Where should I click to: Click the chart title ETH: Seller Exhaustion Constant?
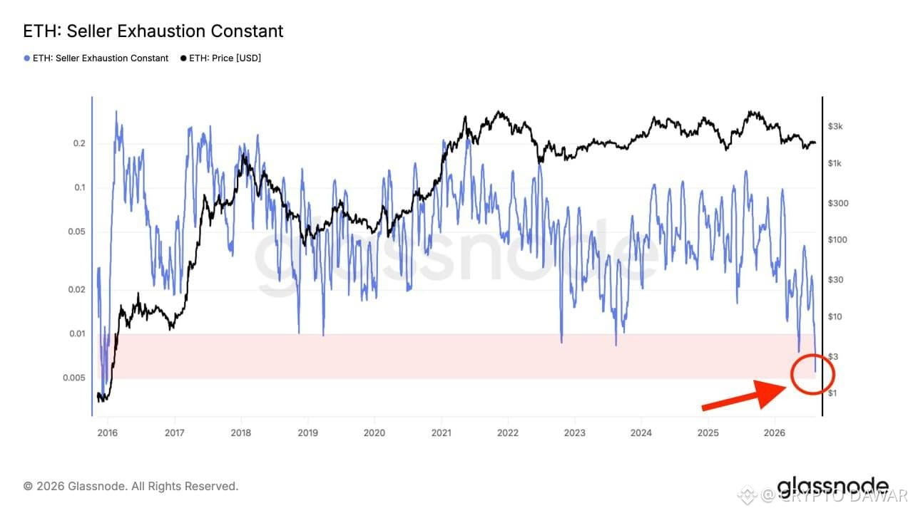tap(153, 31)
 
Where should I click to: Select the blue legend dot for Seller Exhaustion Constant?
tap(27, 58)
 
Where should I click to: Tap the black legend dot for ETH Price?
tap(183, 58)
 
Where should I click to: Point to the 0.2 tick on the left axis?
tap(79, 143)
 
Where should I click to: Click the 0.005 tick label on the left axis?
tap(74, 378)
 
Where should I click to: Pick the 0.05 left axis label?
tap(76, 232)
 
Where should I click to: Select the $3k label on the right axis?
tap(835, 127)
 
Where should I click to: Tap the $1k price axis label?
tap(835, 163)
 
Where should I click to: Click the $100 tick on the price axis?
tap(837, 240)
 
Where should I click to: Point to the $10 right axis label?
tap(835, 316)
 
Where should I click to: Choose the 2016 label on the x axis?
tap(108, 432)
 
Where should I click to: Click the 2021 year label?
tap(442, 432)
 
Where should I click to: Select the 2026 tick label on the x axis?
tap(775, 432)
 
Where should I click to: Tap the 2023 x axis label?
tap(575, 432)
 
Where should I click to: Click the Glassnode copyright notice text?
tap(131, 486)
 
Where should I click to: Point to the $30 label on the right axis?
tap(835, 280)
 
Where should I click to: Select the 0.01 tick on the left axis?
tap(78, 334)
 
